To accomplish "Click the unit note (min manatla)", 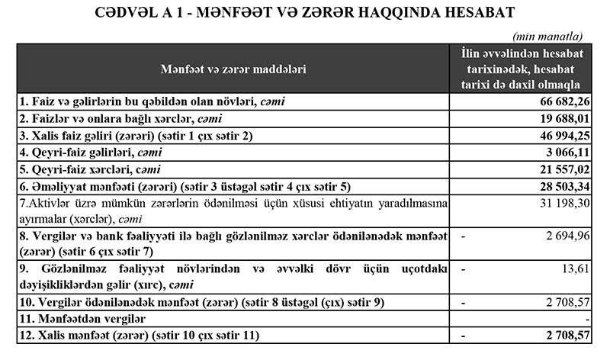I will [x=548, y=36].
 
